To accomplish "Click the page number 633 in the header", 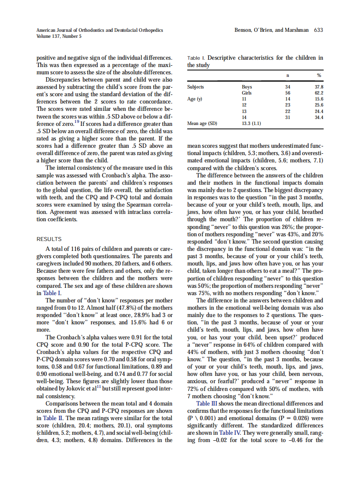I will (x=318, y=30).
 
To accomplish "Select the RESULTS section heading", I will (x=49, y=239).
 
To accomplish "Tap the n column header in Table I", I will (x=287, y=76).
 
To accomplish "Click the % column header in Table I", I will (x=319, y=76).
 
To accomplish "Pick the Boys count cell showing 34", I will (x=287, y=87).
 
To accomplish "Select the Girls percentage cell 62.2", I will (x=319, y=93).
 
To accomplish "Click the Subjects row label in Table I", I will (x=195, y=87).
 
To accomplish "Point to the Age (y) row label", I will (x=195, y=99).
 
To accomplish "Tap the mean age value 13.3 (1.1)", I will (x=252, y=124).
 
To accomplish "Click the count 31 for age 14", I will (x=287, y=117).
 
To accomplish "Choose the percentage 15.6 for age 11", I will (x=319, y=99).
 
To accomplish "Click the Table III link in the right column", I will (x=209, y=403).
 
